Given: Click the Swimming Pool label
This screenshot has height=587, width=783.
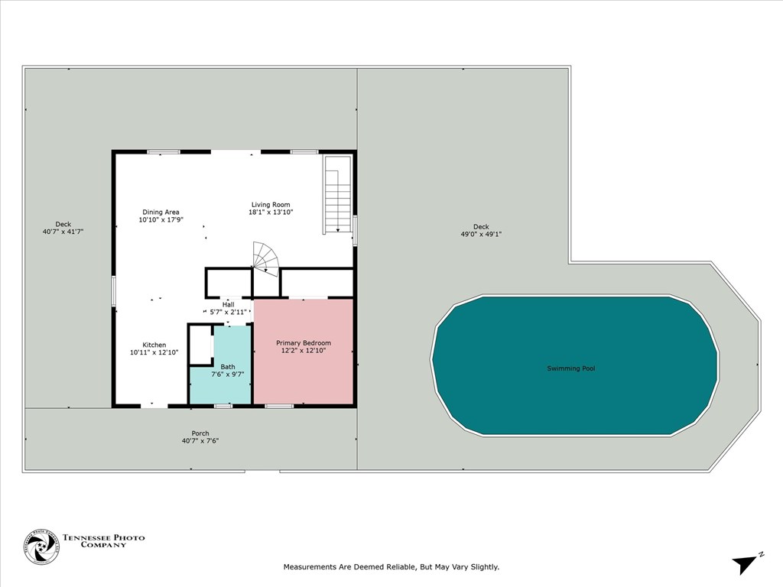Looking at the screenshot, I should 570,368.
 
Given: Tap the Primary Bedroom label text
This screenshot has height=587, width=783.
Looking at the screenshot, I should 304,343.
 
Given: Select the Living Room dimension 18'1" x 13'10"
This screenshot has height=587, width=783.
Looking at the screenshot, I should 271,212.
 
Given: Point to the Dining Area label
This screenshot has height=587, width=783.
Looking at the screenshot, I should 161,212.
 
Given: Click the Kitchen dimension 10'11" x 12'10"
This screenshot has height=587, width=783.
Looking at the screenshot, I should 154,352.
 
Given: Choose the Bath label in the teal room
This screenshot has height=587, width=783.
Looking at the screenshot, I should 228,366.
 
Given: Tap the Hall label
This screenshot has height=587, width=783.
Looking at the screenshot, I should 228,304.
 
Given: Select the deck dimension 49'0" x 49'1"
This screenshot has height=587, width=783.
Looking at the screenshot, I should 480,234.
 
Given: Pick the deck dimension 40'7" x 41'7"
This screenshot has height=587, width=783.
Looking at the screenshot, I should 63,232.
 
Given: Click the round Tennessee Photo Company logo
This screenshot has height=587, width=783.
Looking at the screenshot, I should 41,546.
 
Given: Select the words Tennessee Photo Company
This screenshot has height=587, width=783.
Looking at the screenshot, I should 103,540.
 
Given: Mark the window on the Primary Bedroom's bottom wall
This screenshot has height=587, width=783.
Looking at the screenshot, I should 279,406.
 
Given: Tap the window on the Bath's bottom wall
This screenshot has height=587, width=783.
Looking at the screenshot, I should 223,406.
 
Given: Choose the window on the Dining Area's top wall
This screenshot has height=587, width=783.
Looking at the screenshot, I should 164,152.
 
